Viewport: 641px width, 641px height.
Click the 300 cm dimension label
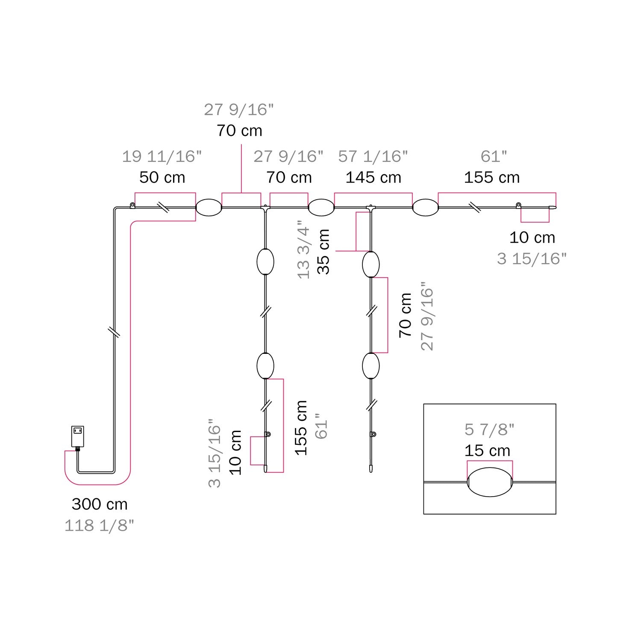(x=100, y=504)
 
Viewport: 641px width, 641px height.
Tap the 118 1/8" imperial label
(x=99, y=526)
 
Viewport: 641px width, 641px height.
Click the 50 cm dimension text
(x=162, y=177)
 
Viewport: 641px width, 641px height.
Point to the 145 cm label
(x=373, y=177)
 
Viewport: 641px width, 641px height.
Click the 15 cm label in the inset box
(x=487, y=451)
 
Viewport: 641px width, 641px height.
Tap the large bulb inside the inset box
(x=490, y=482)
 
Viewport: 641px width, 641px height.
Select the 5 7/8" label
(x=489, y=429)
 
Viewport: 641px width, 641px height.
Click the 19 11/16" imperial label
(x=162, y=156)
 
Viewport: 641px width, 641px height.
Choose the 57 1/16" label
(x=373, y=156)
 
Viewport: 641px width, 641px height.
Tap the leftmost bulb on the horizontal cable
(x=209, y=208)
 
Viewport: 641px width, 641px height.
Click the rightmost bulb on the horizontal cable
(x=425, y=208)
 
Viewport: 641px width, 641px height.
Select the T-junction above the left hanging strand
(x=265, y=208)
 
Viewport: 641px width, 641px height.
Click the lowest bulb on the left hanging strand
(x=265, y=366)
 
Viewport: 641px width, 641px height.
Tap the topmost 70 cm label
(x=239, y=130)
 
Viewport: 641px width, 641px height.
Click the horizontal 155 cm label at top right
(x=492, y=177)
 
